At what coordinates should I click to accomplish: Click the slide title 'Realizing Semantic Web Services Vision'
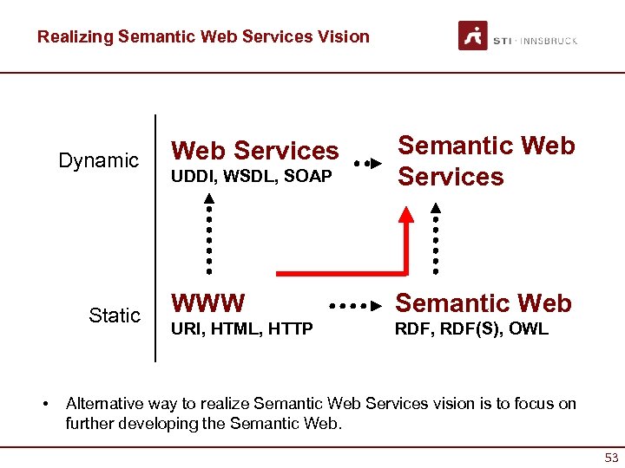click(203, 36)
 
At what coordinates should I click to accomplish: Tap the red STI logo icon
click(473, 36)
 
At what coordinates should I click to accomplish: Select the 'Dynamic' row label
click(98, 160)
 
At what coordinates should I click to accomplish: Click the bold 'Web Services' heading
click(255, 151)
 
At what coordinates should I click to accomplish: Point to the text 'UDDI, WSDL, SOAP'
click(252, 177)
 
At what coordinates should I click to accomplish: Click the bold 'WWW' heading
click(208, 302)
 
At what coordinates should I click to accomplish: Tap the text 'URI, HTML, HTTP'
click(242, 329)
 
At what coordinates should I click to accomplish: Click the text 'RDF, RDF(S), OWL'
click(472, 329)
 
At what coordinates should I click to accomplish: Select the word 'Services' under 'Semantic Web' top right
click(450, 177)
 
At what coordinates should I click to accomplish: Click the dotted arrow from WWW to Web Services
click(209, 232)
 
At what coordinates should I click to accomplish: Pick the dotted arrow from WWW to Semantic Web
click(356, 306)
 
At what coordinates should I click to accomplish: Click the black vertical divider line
click(155, 237)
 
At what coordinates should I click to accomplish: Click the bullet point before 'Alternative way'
click(44, 404)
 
